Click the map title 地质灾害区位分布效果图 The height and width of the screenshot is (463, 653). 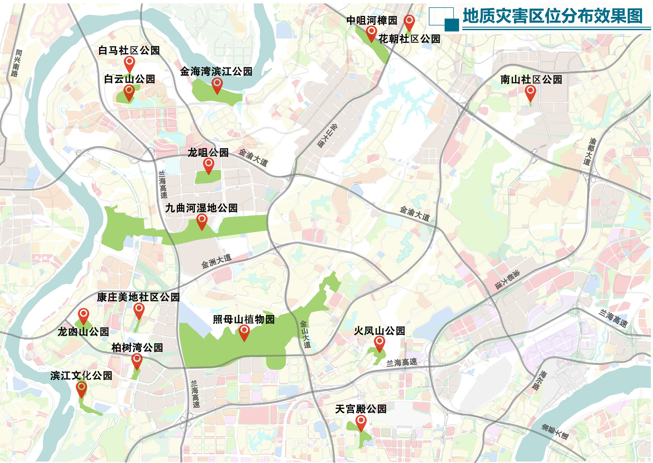pos(552,16)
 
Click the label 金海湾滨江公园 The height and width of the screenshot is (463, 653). pos(216,72)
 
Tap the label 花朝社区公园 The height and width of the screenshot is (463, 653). pos(409,39)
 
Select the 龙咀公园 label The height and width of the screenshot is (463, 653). pos(208,153)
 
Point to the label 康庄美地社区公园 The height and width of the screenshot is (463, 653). pos(138,297)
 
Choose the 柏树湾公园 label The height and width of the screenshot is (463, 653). pos(137,348)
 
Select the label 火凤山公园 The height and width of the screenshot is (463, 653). pos(379,331)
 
